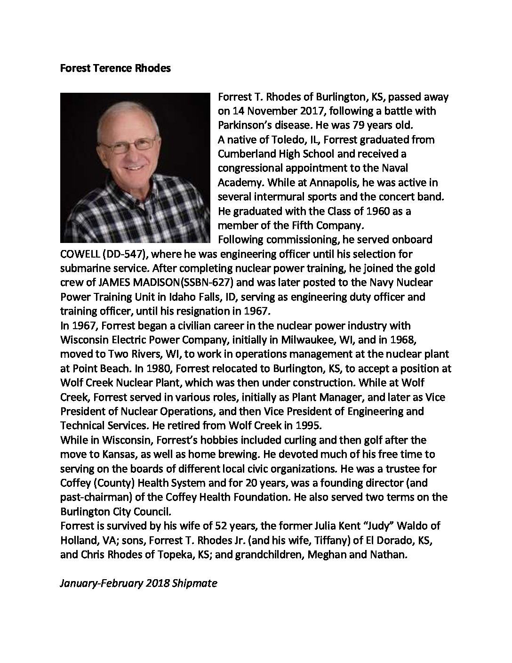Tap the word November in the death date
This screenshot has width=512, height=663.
click(x=262, y=111)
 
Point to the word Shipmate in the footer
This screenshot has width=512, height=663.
click(x=194, y=583)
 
